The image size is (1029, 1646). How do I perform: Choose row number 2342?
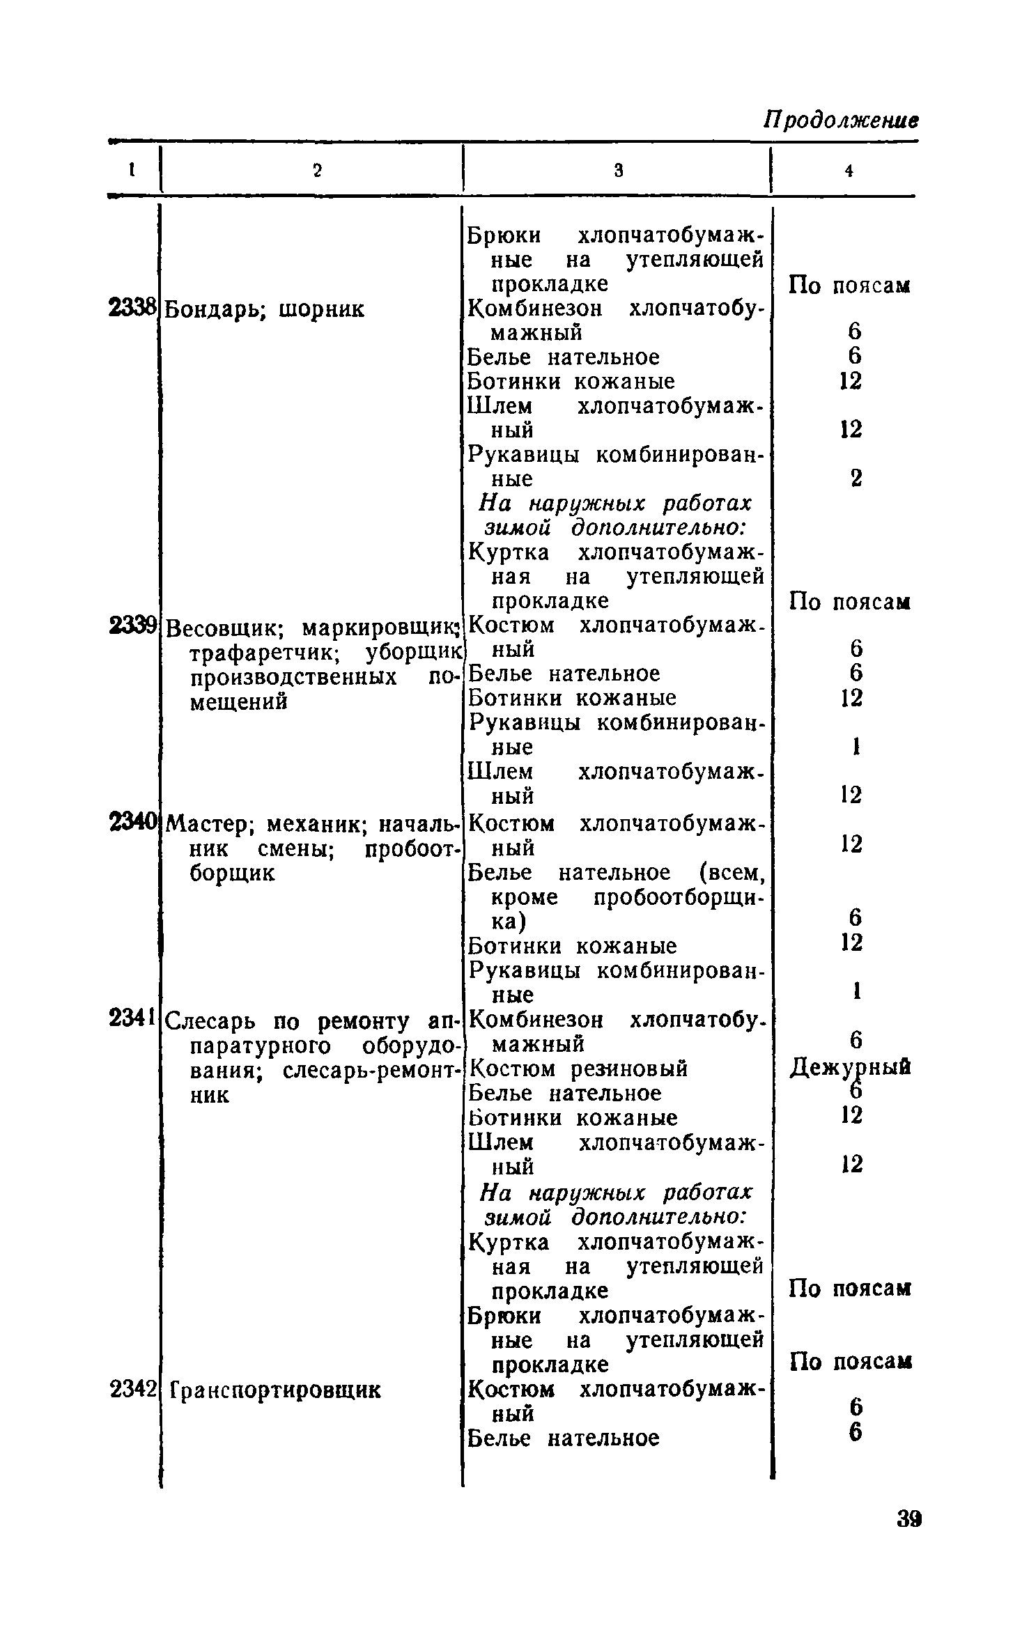pos(132,1390)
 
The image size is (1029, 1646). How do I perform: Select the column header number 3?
pos(618,170)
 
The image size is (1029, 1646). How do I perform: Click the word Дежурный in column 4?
pos(850,1068)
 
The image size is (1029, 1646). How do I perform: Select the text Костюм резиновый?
pos(578,1069)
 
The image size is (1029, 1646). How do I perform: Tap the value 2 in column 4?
pos(856,478)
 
